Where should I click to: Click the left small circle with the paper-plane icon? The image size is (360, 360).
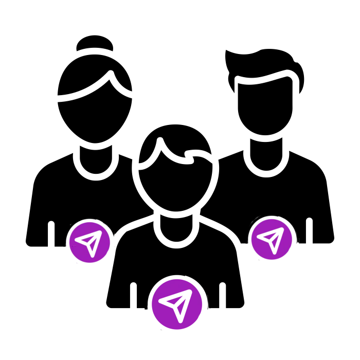tap(90, 242)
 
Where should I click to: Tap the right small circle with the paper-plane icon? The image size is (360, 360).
tap(272, 239)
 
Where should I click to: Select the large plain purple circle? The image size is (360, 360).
tap(176, 304)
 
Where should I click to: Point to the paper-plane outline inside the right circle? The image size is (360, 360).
tap(271, 239)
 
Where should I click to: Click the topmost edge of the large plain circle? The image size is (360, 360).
tap(177, 278)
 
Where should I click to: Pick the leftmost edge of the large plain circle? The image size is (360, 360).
tap(150, 304)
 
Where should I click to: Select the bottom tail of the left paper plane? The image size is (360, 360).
tap(92, 254)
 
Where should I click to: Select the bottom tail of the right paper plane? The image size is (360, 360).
tap(273, 250)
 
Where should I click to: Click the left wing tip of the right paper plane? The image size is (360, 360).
tap(259, 237)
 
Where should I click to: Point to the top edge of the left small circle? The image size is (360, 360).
tap(90, 222)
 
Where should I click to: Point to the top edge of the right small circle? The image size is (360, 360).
tap(272, 219)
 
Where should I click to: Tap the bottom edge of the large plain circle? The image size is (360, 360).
tap(177, 331)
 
